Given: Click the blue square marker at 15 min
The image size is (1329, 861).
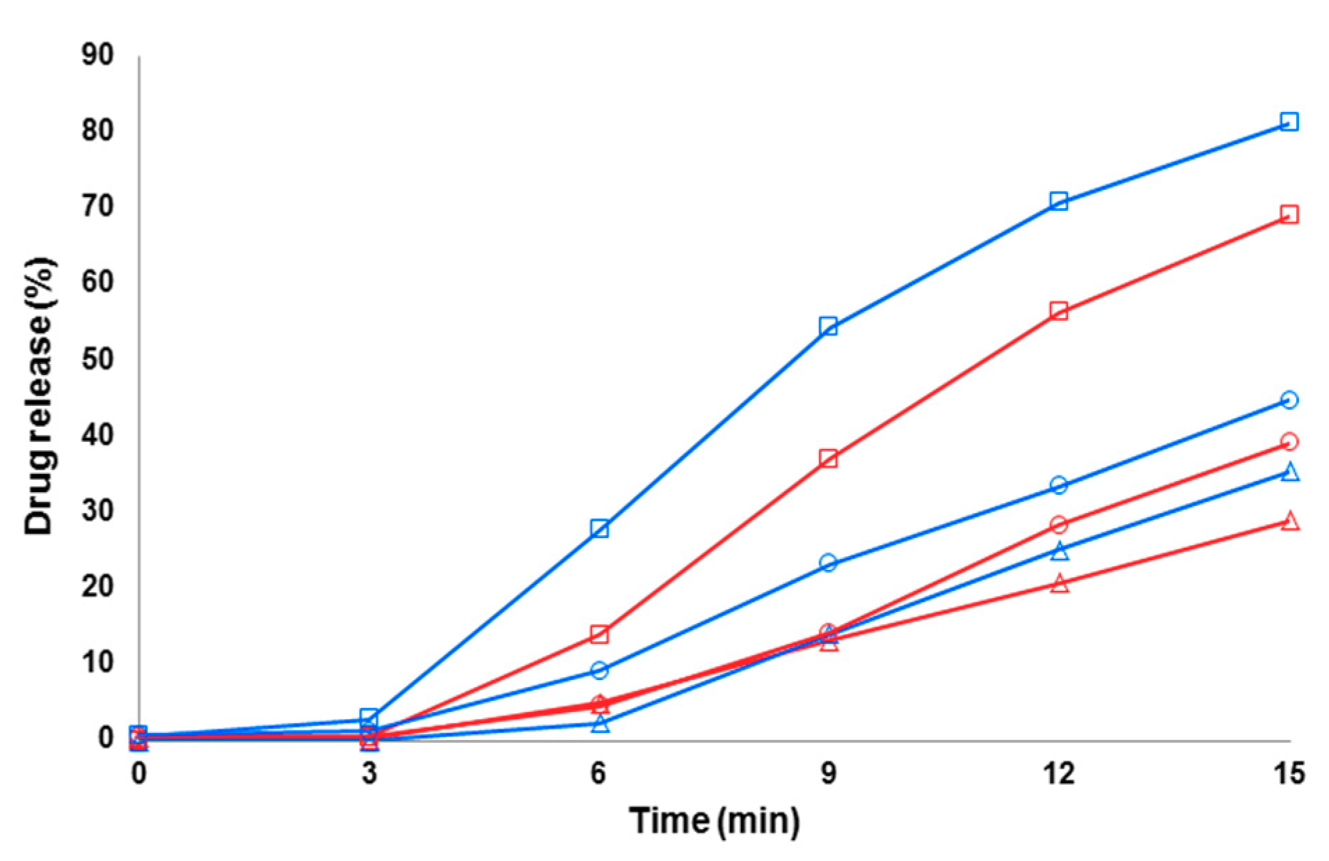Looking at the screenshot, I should [1289, 122].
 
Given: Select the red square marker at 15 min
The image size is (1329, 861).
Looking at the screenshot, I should [1289, 214].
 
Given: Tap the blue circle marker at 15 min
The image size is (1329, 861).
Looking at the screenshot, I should [1289, 400].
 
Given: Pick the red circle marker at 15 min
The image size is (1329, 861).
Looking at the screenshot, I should [1289, 441].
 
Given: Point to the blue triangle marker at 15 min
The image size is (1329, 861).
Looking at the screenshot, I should [1289, 473].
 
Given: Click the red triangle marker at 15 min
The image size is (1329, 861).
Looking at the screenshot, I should [1289, 521].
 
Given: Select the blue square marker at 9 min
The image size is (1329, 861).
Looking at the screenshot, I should [828, 326].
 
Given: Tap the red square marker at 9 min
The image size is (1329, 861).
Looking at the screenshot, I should [828, 458].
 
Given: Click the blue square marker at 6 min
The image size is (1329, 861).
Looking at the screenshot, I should [599, 528].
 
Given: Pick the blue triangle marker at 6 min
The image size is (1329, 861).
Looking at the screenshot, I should [600, 724].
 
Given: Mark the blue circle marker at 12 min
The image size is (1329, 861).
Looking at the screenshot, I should [1058, 485].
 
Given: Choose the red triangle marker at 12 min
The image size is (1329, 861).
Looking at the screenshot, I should [1059, 583].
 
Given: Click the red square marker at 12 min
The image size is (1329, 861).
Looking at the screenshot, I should [1058, 310].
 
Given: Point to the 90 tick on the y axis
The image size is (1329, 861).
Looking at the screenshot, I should [97, 55].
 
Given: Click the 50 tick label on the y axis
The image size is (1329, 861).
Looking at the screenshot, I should [97, 359].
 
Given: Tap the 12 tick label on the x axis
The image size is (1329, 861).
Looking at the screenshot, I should [1058, 773].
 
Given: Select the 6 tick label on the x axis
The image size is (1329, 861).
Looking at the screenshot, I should [598, 773].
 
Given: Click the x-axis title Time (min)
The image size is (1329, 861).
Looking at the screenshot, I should [715, 821].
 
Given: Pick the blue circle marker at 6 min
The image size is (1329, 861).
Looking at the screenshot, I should [599, 670].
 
